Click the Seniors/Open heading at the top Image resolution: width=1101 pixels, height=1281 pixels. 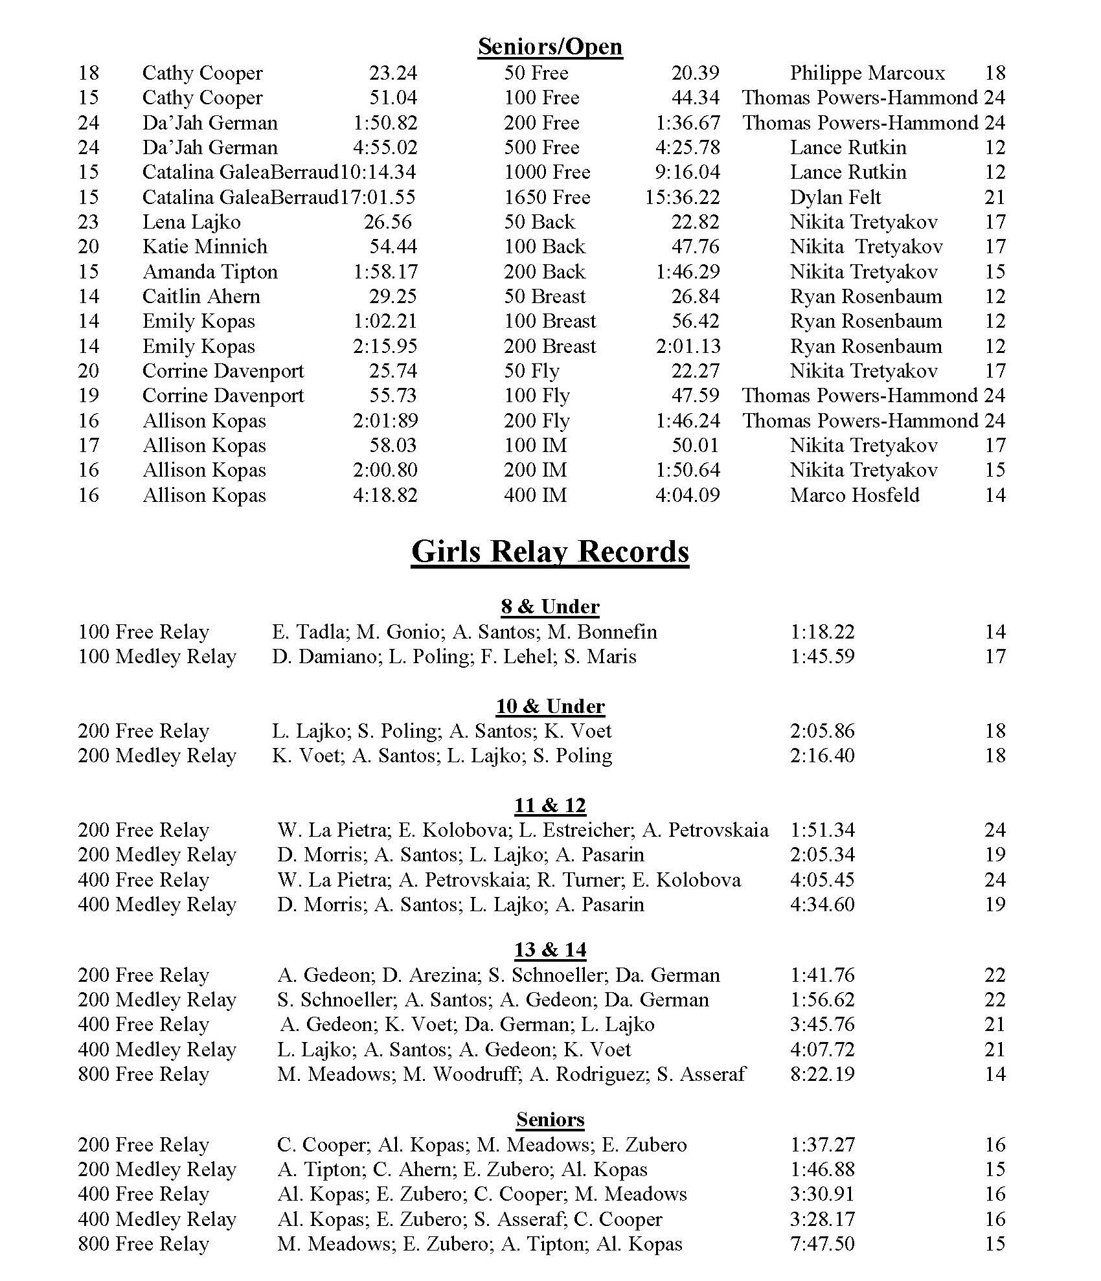pos(550,47)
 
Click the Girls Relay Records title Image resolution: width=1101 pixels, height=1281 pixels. pos(550,552)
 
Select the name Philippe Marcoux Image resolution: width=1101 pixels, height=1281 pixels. pos(867,73)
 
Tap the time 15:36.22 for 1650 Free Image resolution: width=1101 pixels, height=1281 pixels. pos(682,197)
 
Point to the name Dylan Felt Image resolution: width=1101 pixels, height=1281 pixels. pos(835,197)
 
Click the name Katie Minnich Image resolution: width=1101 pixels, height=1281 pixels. pos(205,247)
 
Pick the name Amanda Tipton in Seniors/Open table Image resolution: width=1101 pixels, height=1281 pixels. pos(210,271)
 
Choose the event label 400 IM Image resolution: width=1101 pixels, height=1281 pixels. pos(535,495)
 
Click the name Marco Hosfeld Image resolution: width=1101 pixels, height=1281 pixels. pos(854,495)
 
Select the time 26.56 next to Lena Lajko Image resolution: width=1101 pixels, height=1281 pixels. pos(387,222)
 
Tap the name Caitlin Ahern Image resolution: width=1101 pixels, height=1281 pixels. pos(201,297)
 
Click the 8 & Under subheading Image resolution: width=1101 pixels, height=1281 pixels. pos(550,607)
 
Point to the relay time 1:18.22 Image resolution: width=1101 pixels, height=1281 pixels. pos(822,631)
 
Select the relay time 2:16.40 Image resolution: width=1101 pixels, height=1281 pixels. pos(822,756)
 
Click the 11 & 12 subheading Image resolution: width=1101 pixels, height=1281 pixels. pos(550,806)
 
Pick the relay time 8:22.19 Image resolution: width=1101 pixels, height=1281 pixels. pos(822,1074)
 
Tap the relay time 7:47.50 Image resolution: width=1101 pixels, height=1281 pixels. pos(822,1244)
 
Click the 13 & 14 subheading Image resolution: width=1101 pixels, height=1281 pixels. pos(550,950)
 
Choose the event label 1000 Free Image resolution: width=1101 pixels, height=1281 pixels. pos(547,172)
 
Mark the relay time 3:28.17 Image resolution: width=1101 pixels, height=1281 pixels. pos(822,1219)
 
